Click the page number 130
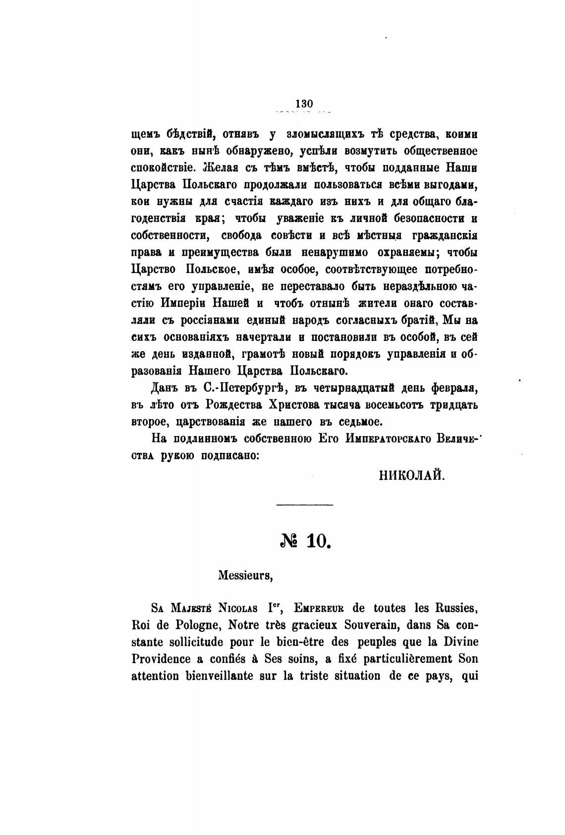point(304,104)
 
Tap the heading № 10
point(305,541)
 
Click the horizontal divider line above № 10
point(305,505)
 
